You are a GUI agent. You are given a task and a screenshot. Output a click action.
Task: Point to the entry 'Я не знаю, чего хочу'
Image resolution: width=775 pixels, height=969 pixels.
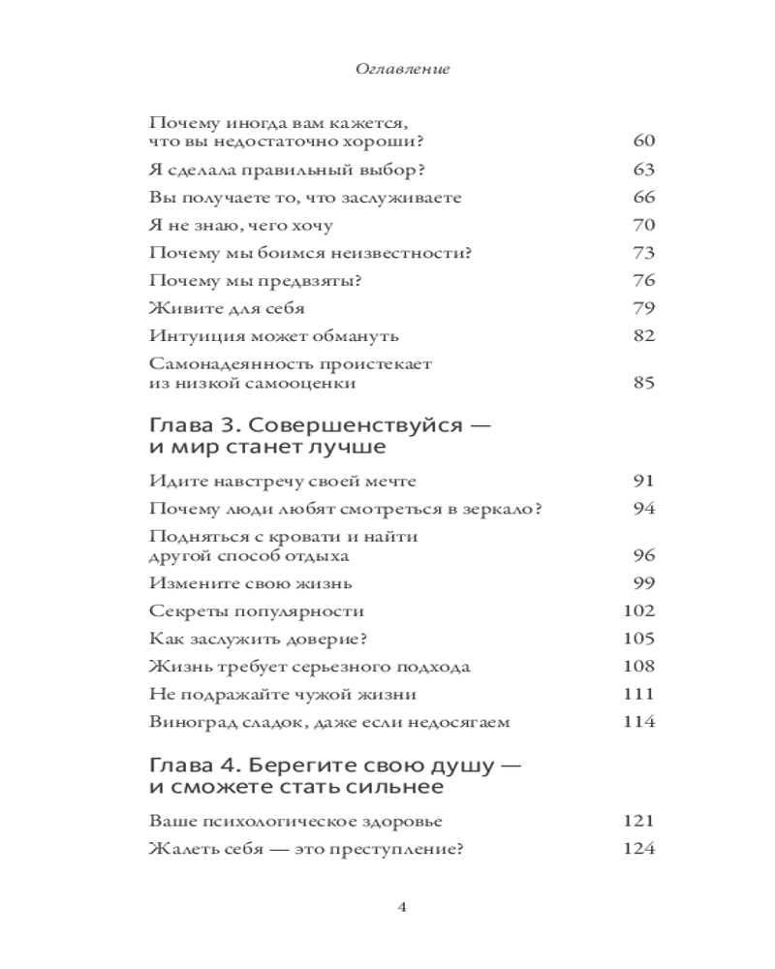(x=242, y=226)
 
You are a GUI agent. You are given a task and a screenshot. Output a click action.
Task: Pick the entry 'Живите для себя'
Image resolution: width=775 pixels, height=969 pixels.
(x=228, y=309)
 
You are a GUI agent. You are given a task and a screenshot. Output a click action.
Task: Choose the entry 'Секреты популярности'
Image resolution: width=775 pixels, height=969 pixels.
(x=257, y=611)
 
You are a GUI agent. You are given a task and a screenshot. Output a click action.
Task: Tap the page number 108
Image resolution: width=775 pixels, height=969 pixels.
(x=639, y=667)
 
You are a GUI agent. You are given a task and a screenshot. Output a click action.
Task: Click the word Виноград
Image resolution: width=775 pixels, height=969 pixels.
(x=189, y=722)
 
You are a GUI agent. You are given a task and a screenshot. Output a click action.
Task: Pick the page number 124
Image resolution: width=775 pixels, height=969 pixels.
(x=639, y=850)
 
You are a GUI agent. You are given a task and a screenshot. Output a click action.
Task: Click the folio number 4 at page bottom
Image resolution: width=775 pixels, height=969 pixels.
(x=402, y=907)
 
